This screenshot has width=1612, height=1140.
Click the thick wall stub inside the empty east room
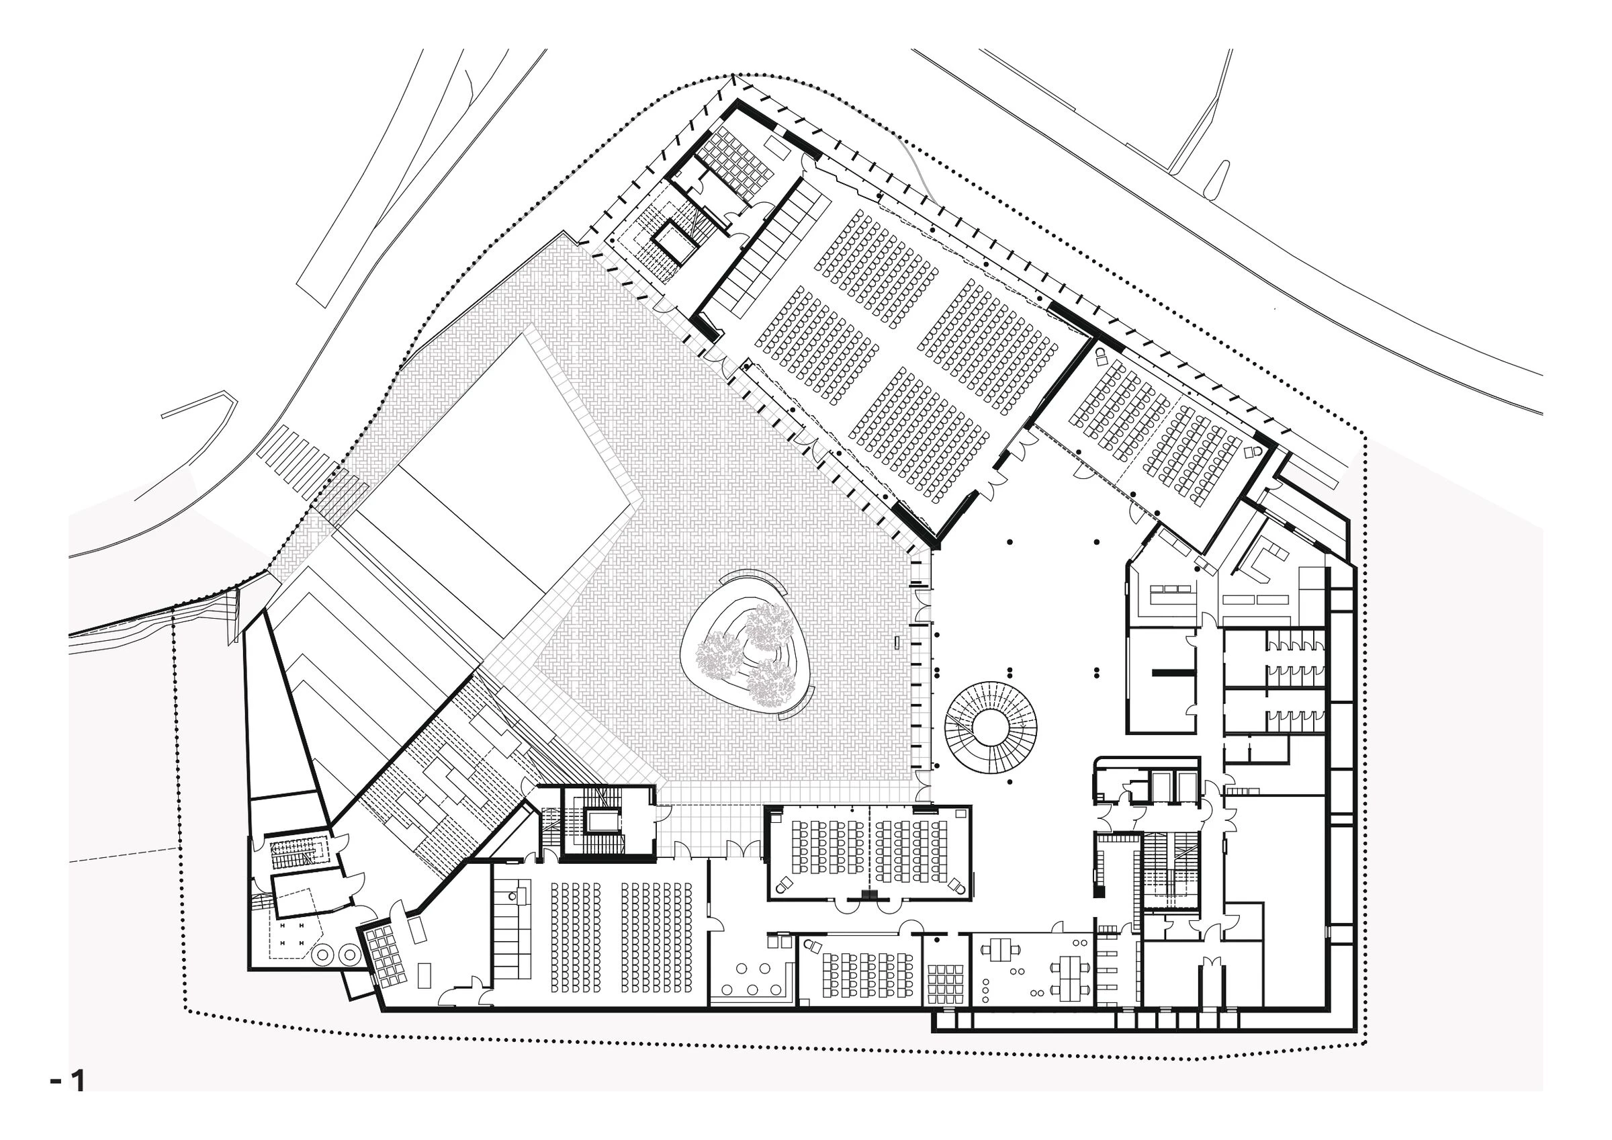[1172, 673]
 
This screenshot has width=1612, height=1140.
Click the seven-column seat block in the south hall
[658, 937]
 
